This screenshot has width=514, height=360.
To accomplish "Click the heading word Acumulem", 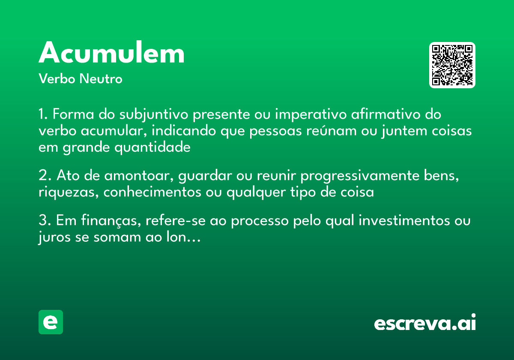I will (x=112, y=54).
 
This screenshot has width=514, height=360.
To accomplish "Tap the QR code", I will (x=452, y=65).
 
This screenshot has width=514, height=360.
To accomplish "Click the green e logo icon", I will (x=51, y=322).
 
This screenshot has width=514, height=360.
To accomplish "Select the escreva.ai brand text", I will (x=425, y=324).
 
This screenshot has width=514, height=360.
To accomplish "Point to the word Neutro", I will (x=101, y=79).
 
